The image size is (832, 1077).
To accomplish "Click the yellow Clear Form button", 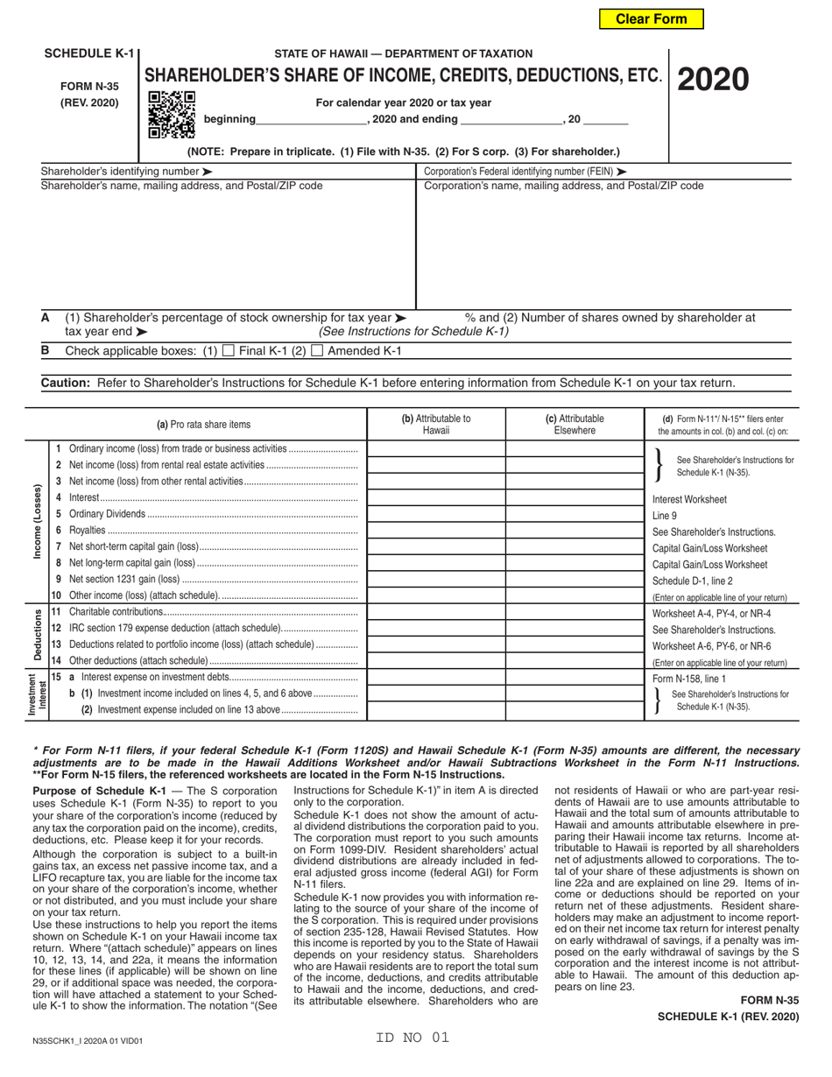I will point(651,18).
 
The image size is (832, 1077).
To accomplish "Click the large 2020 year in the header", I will point(710,80).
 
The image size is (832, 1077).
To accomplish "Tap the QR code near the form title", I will point(171,115).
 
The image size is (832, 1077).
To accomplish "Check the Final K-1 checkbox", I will point(229,351).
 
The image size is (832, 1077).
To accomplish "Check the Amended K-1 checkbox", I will point(318,351).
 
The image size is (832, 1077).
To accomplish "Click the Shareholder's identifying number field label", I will point(126,172).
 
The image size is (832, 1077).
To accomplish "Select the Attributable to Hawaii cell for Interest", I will point(435,497).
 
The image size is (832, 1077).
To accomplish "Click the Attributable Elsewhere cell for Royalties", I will point(575,531).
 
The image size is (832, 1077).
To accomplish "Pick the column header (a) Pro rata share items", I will point(203,425).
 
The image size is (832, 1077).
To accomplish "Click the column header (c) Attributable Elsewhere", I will point(575,425).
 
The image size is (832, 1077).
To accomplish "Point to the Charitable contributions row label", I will point(116,611).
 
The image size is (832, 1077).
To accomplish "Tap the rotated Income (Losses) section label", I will point(35,522).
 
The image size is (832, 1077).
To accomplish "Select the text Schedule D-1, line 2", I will point(693,581).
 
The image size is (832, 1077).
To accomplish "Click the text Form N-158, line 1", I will point(689,678).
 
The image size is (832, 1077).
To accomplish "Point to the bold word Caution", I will point(66,383).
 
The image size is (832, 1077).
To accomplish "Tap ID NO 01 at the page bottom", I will point(412,1038).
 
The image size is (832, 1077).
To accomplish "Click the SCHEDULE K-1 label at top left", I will point(89,53).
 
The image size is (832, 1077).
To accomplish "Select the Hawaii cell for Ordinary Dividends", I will point(435,514).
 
